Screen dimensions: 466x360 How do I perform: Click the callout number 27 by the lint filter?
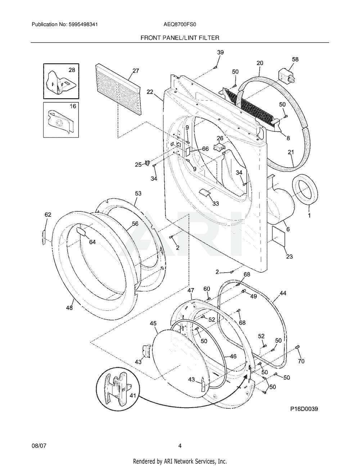pyautogui.click(x=135, y=71)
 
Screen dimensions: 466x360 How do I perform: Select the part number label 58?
pyautogui.click(x=295, y=59)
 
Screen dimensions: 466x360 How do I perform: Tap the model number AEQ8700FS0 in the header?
pyautogui.click(x=180, y=24)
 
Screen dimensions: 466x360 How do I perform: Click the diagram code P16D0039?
pyautogui.click(x=304, y=409)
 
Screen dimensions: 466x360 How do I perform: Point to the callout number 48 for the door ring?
pyautogui.click(x=69, y=308)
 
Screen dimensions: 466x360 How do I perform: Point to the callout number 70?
pyautogui.click(x=301, y=360)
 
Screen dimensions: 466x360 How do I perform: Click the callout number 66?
pyautogui.click(x=205, y=149)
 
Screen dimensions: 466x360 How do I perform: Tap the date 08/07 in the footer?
pyautogui.click(x=39, y=446)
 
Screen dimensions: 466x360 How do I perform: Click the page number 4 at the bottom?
pyautogui.click(x=180, y=446)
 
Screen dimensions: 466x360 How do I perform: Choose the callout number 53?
pyautogui.click(x=138, y=193)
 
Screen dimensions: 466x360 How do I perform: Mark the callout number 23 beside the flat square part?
pyautogui.click(x=289, y=256)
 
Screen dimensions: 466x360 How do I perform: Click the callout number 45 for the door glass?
pyautogui.click(x=153, y=324)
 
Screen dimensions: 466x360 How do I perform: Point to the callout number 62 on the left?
pyautogui.click(x=48, y=215)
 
